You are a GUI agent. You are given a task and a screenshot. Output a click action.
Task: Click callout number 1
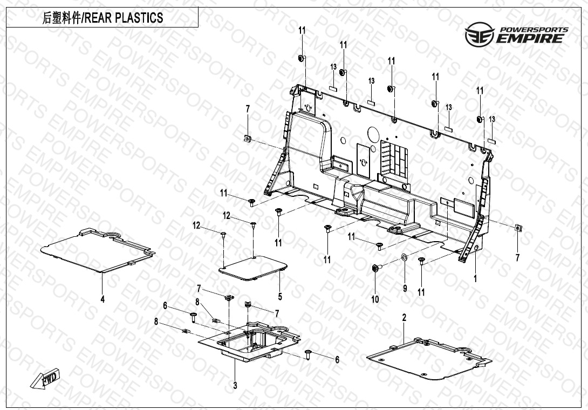click(475, 279)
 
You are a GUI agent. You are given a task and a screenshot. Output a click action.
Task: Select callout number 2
click(404, 318)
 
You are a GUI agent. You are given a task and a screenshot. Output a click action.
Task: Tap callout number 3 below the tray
click(235, 385)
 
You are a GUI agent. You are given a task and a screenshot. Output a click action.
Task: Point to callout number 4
click(102, 299)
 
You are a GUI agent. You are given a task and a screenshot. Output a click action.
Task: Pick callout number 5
click(280, 297)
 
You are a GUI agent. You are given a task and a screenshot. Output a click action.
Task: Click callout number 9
click(405, 288)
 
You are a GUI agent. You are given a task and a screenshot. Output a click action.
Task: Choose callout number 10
click(375, 299)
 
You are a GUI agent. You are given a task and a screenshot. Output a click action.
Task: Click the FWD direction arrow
click(45, 378)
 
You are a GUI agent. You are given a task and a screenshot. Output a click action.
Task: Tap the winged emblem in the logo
click(480, 35)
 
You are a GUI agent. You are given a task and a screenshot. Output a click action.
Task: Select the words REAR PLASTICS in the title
click(124, 18)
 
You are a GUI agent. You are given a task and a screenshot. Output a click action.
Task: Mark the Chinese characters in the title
click(61, 18)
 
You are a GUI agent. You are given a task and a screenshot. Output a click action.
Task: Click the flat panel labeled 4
click(98, 249)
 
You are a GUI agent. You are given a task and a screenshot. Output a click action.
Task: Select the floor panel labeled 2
click(429, 358)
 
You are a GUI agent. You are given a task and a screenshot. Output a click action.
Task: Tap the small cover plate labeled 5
click(253, 268)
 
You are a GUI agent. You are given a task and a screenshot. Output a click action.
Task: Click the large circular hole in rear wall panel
click(373, 133)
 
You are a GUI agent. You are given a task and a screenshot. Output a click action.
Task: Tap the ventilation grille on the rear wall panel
click(394, 157)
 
